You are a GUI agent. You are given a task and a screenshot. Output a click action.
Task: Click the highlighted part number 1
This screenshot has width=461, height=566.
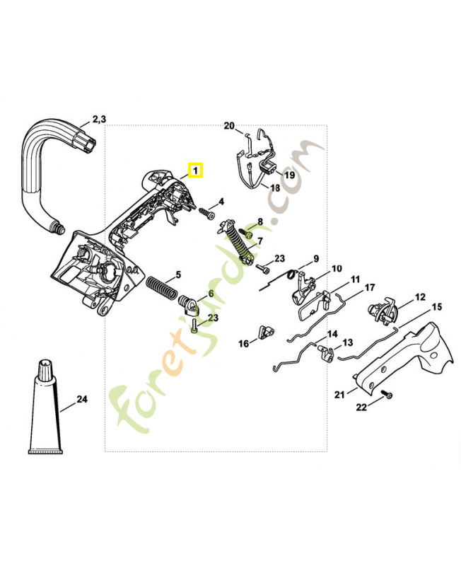coord(195,171)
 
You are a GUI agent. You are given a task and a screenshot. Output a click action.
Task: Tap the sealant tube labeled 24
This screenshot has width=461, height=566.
coord(45,410)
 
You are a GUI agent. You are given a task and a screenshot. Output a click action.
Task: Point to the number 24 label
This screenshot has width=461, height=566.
coord(82,400)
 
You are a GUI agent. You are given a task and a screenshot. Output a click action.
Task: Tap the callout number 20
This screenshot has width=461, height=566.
coord(229,126)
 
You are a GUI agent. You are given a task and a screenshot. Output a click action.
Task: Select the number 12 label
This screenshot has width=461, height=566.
coord(420,297)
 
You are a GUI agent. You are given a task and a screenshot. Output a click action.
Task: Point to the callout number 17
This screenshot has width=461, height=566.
coord(370,288)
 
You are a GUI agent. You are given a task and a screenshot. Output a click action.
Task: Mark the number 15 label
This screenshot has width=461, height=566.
coord(436,307)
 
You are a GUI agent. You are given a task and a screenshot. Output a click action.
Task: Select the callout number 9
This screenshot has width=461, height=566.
coord(316,258)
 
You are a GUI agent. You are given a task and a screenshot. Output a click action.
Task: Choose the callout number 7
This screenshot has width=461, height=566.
coord(259,241)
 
